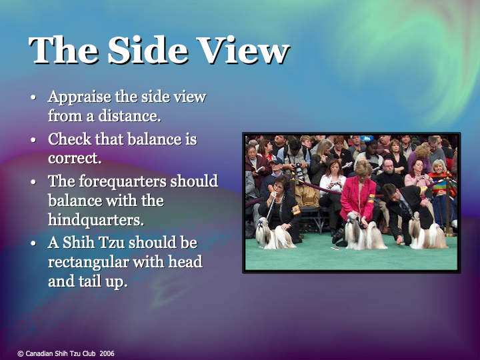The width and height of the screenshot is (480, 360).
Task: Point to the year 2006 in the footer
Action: [107, 353]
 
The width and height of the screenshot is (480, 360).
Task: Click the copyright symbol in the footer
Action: [20, 353]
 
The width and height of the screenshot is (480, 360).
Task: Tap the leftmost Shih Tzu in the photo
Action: [270, 233]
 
